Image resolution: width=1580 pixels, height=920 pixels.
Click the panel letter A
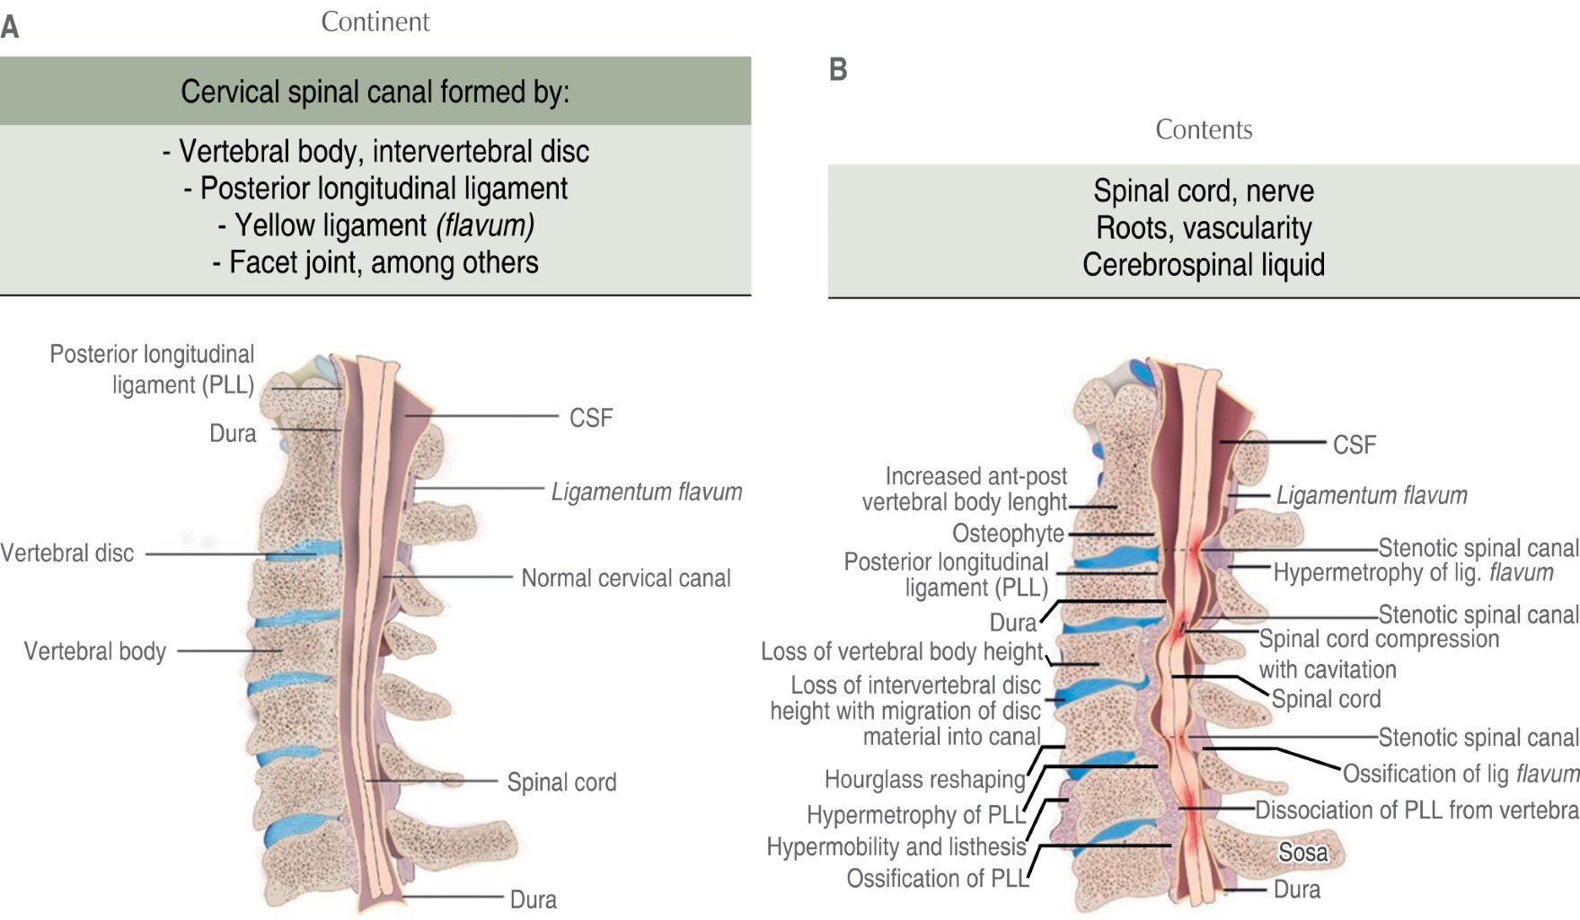[10, 27]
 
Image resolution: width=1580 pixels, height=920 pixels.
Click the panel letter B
[838, 69]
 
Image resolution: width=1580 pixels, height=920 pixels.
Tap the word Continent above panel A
[375, 22]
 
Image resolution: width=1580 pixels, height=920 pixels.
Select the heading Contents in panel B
[1204, 129]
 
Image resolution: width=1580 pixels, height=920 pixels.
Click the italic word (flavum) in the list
[485, 226]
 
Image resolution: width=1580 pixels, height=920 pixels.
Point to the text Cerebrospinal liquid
[1204, 265]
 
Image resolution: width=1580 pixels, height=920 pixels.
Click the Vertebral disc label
[67, 553]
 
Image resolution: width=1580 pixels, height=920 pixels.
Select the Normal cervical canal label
[626, 578]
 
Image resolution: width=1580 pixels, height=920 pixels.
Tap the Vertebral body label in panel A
[95, 651]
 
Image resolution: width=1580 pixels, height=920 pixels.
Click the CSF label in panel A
[591, 418]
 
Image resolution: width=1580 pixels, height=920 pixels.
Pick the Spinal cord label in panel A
[561, 783]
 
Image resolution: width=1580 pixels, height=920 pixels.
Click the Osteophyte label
[1008, 534]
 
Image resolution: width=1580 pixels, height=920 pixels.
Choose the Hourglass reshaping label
[924, 779]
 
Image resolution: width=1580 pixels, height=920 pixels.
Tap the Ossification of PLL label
[937, 879]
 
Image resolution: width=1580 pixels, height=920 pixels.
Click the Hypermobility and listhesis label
[896, 846]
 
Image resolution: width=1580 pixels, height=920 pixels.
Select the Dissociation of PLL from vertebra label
[1417, 810]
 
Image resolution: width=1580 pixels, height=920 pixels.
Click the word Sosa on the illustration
[1302, 852]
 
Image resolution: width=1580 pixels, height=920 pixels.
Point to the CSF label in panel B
[1355, 445]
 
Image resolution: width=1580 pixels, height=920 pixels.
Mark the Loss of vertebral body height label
[902, 651]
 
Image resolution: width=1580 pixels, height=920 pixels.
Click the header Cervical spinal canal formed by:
[375, 92]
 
